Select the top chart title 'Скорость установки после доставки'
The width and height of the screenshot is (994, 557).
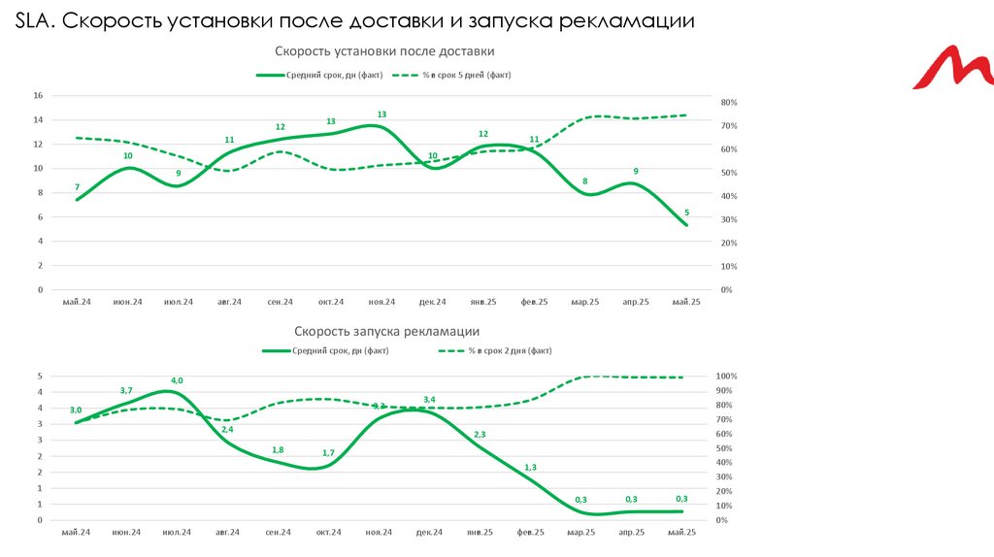coord(385,51)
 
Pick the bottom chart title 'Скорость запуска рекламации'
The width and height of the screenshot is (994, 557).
coord(386,331)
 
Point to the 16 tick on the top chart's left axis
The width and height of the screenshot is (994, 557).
coord(38,95)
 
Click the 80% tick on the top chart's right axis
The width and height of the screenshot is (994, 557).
coord(729,102)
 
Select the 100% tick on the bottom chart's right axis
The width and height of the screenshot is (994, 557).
coord(727,377)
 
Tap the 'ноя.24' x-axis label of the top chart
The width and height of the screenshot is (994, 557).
coord(381,303)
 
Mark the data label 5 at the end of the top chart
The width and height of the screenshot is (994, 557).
coord(686,213)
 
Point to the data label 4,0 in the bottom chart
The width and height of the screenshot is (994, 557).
coord(177,380)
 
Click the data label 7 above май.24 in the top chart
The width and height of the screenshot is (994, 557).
coord(77,187)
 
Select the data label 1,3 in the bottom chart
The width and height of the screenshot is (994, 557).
coord(530,468)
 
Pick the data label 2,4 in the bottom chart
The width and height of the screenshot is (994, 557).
coord(227,429)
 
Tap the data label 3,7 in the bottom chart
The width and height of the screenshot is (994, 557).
coord(126,391)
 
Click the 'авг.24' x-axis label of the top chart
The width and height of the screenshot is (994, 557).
coord(229,303)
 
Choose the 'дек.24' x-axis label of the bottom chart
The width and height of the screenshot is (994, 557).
coord(429,533)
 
